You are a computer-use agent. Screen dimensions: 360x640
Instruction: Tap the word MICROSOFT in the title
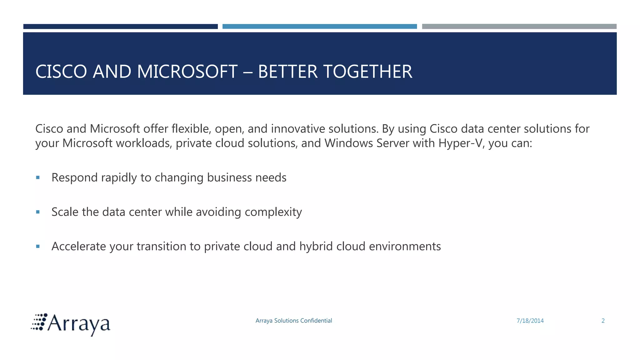187,72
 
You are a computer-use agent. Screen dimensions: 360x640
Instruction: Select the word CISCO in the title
61,72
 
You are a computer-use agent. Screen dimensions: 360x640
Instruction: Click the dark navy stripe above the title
120,27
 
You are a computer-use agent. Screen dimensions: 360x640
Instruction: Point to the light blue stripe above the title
319,27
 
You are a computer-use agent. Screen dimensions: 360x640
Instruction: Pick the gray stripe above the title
519,27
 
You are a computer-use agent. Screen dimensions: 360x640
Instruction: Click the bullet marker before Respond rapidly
38,177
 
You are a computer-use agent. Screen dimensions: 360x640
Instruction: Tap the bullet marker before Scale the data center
38,212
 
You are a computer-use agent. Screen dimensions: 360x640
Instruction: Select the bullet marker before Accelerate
38,246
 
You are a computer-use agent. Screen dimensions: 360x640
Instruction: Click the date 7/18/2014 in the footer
530,321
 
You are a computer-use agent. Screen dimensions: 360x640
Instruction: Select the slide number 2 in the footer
603,321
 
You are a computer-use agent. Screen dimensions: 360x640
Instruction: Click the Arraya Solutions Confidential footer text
294,321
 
